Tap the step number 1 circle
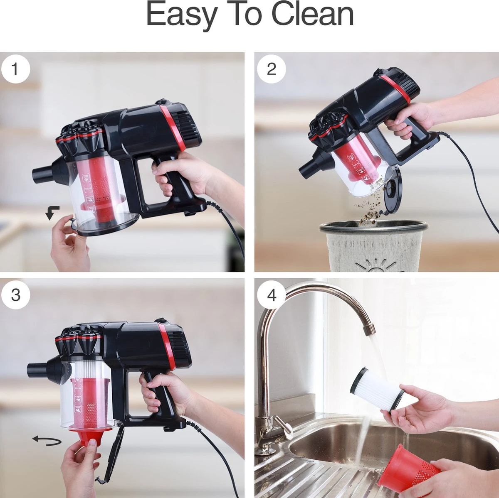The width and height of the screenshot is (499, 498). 15,69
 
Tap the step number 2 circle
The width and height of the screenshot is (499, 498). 271,69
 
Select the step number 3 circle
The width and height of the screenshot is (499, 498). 15,294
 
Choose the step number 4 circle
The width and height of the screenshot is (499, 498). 271,294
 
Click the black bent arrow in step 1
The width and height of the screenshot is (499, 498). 52,213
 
